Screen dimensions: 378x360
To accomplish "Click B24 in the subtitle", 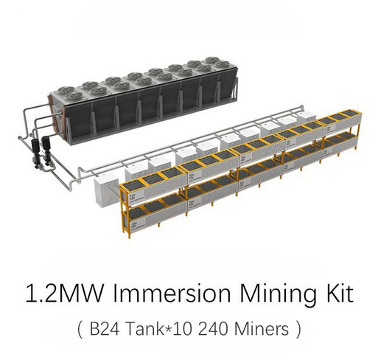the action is click(105, 329).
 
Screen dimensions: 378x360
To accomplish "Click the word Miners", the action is click(262, 329).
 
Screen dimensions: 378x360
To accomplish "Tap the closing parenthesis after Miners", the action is click(298, 330).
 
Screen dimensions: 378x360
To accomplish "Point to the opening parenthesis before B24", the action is click(80, 330).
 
